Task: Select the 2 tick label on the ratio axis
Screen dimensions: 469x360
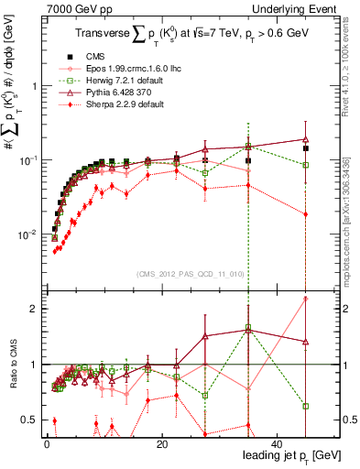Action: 31,309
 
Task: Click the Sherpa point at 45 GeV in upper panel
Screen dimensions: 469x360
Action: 306,214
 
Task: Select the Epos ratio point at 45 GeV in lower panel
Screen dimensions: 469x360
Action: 306,299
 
